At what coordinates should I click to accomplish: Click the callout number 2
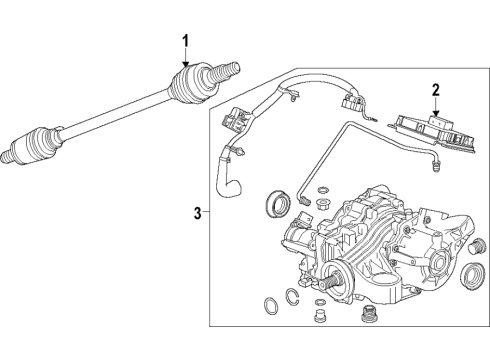coord(435,90)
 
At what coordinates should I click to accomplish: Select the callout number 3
coord(197,211)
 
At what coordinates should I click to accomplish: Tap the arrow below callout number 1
coord(184,62)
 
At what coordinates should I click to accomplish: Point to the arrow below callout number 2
coord(435,109)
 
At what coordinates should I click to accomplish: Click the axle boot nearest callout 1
coord(190,82)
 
